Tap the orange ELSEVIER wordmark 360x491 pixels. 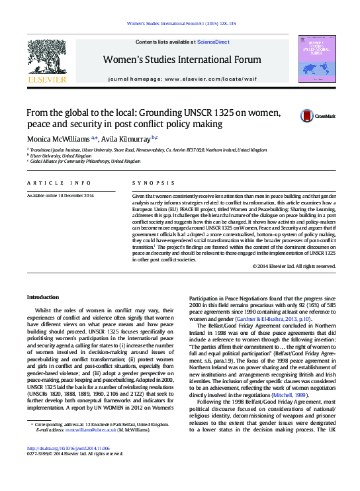point(46,79)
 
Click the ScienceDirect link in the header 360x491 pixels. point(213,42)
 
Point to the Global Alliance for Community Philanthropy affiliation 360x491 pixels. point(85,161)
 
